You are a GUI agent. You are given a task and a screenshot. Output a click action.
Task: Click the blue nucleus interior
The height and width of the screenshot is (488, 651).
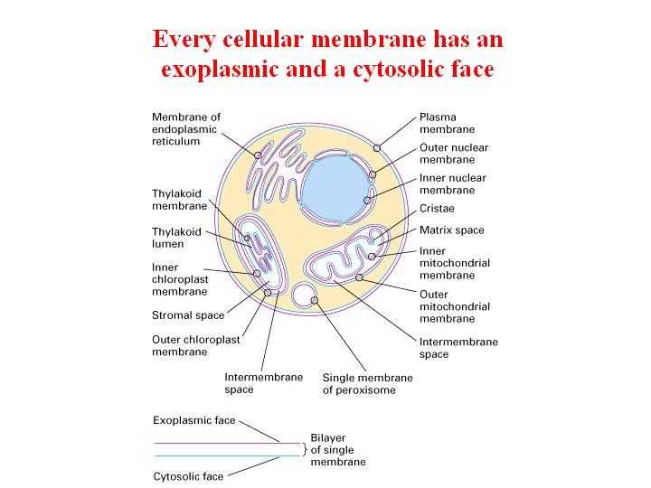[x=335, y=190]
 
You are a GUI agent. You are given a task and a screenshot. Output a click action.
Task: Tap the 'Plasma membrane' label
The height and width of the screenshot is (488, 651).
[x=447, y=123]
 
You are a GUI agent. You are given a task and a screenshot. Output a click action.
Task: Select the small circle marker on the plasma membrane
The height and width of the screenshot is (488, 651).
[x=377, y=148]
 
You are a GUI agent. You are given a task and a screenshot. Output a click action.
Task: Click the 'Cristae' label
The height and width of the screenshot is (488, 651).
[x=437, y=209]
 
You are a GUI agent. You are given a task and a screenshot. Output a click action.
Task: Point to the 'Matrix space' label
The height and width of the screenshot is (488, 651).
[x=452, y=230]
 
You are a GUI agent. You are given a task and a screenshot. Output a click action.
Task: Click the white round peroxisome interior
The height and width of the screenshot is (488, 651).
[x=302, y=295]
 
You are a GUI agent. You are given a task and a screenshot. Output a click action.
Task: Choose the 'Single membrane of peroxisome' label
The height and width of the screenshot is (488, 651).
[x=367, y=384]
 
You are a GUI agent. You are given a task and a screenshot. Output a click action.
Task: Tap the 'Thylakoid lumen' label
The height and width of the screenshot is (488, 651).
[x=176, y=238]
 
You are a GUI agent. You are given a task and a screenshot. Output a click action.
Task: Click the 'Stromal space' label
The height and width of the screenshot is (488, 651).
[x=188, y=315]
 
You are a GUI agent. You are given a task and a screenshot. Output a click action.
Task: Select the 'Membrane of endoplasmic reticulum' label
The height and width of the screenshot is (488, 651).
[x=186, y=129]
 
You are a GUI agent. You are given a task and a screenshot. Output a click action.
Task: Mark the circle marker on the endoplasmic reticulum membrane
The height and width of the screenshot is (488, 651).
[x=258, y=155]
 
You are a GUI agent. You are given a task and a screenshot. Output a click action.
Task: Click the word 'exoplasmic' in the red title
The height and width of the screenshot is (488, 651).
[x=220, y=70]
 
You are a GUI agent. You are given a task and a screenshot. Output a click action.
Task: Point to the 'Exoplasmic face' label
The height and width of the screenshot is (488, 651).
[x=194, y=420]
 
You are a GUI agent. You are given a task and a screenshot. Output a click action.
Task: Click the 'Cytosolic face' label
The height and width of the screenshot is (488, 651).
[x=188, y=476]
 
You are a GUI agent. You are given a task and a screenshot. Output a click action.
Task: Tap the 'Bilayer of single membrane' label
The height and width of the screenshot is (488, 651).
[x=338, y=450]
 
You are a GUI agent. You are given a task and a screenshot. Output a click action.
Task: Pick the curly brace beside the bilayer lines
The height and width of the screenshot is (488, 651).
[x=305, y=449]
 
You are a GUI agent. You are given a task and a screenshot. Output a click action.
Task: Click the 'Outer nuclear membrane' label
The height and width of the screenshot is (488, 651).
[x=454, y=154]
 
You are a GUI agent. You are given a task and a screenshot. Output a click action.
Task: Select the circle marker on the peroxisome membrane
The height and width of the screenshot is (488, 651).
[x=315, y=300]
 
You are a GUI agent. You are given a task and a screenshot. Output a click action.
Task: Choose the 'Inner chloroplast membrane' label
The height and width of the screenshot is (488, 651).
[x=180, y=279]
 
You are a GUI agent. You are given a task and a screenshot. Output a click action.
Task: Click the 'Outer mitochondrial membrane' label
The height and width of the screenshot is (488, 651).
[x=455, y=306]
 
